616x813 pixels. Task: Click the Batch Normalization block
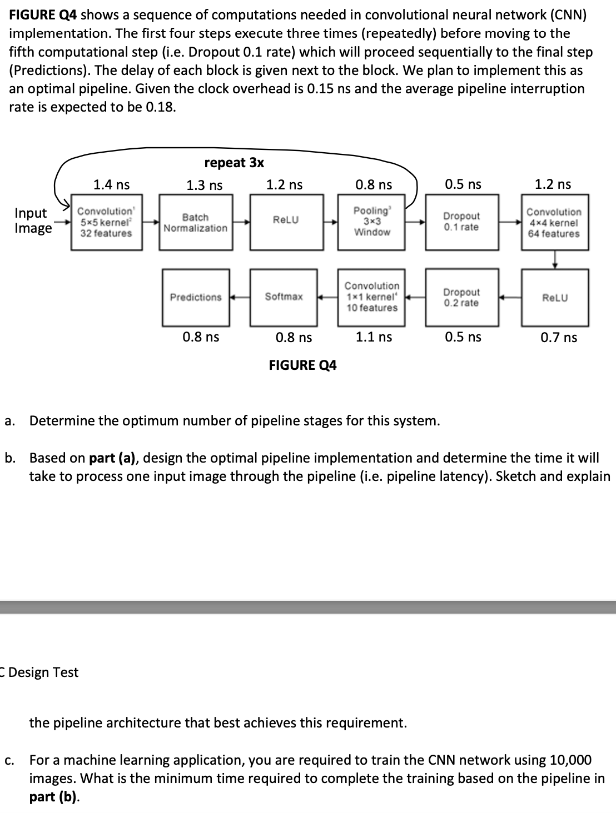click(x=196, y=222)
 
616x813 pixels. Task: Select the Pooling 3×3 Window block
click(x=372, y=222)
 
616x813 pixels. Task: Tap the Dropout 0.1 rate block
click(x=461, y=222)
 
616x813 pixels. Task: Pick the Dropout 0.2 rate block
click(x=461, y=298)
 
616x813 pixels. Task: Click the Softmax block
click(x=284, y=297)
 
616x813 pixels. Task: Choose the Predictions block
click(x=196, y=297)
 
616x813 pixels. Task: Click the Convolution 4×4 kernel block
click(x=554, y=222)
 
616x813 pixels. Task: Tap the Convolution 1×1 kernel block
click(x=372, y=297)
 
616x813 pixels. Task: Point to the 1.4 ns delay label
click(x=111, y=184)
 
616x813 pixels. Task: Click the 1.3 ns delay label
click(x=204, y=185)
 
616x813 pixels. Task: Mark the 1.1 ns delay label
click(x=374, y=337)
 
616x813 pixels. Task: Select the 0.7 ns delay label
click(x=559, y=338)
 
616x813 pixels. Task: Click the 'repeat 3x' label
click(x=234, y=163)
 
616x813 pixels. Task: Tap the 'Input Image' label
click(x=33, y=220)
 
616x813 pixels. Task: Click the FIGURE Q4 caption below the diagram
click(x=302, y=365)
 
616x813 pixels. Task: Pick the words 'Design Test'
click(x=43, y=672)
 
